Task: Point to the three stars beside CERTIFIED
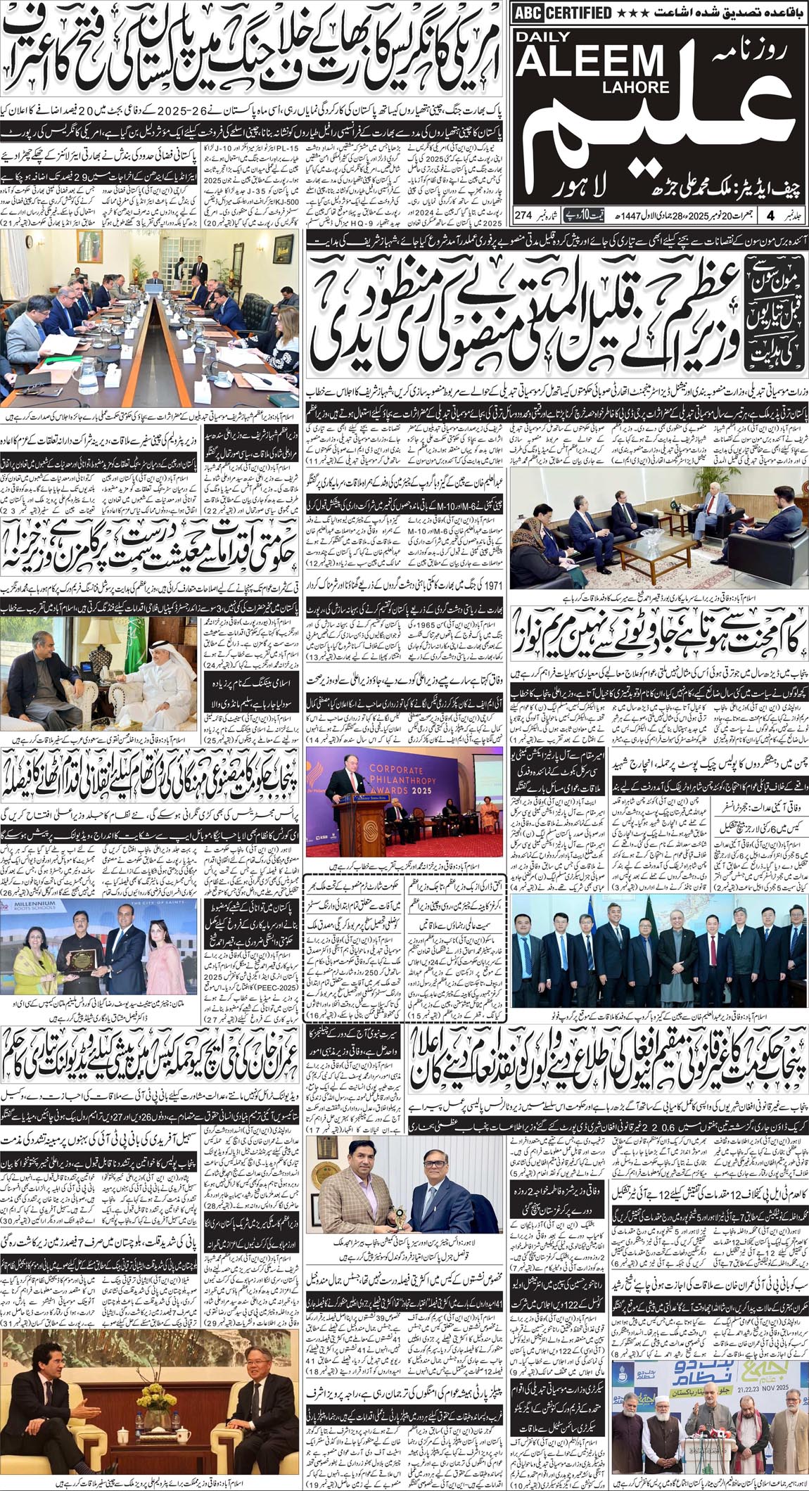pyautogui.click(x=631, y=13)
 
